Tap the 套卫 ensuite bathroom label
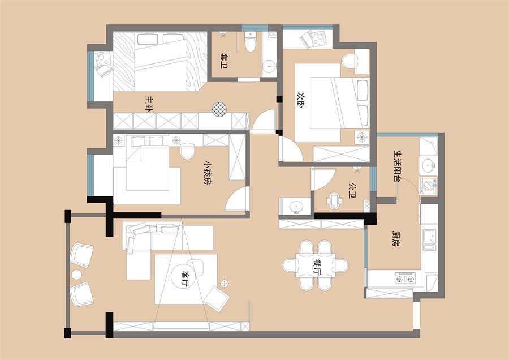tap(224, 61)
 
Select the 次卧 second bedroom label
tap(301, 101)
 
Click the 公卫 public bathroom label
tap(352, 190)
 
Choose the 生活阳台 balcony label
tap(396, 165)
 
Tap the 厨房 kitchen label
tap(396, 238)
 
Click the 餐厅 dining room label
tap(317, 267)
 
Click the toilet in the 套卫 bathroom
tap(251, 42)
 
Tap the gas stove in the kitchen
tap(405, 278)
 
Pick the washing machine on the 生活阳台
tap(428, 186)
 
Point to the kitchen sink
tap(429, 240)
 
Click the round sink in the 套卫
tap(269, 67)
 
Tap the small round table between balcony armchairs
tap(77, 275)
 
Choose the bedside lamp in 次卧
tap(361, 137)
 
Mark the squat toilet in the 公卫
tap(334, 199)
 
